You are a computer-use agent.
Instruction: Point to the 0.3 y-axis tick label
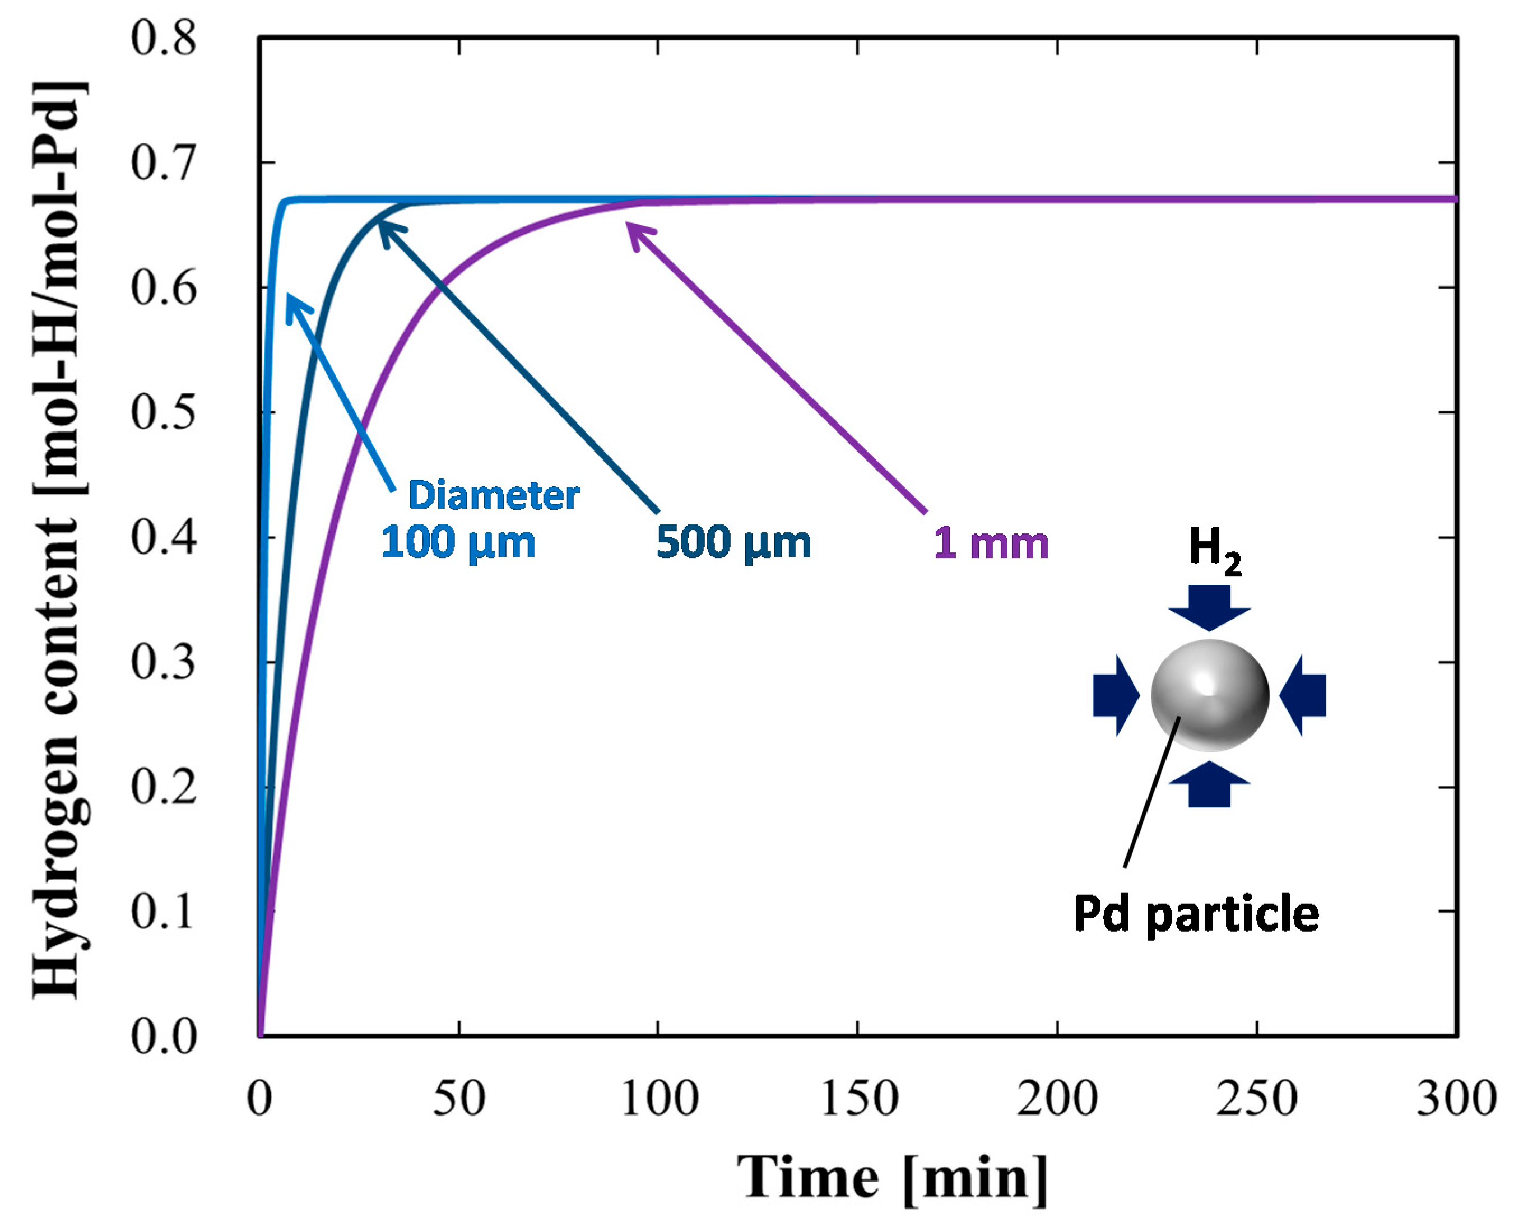[163, 662]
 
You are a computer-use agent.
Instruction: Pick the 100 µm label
[458, 543]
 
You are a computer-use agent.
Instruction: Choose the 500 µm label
[733, 543]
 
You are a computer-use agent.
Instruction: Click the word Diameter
[494, 495]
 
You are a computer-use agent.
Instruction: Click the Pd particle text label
[1196, 914]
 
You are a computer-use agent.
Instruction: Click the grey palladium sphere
[1209, 695]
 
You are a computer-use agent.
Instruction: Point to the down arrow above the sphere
[1209, 606]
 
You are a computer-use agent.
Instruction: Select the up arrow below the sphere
[1209, 784]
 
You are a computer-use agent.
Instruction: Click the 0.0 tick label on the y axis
[163, 1037]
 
